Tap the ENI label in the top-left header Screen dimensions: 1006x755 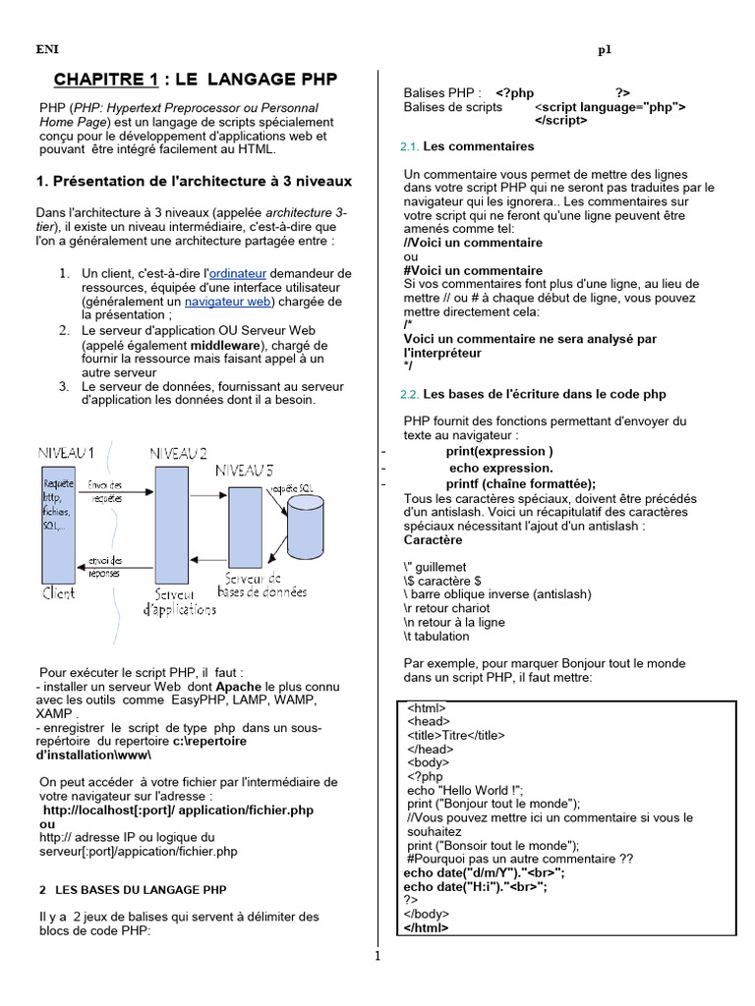coord(47,48)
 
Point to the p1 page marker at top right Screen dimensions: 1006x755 coord(605,49)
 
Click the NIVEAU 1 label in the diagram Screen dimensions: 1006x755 coord(66,453)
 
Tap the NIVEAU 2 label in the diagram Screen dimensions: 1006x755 coord(178,453)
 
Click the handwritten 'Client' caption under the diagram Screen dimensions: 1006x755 coord(58,593)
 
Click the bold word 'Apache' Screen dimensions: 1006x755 coord(239,686)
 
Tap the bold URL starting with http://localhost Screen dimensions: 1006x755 coord(178,810)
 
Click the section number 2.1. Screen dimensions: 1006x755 coord(410,146)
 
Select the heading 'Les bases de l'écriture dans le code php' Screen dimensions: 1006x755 coord(544,394)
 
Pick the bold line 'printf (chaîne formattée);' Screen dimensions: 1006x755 coord(520,482)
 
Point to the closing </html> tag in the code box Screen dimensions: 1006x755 coord(426,926)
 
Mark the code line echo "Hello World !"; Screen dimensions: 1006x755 coord(465,789)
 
